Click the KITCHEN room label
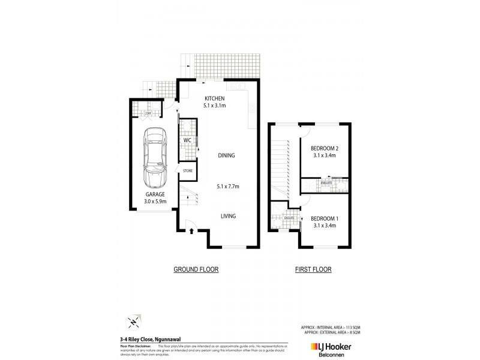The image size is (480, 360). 214,98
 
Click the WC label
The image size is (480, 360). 187,140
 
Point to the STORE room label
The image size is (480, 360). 187,172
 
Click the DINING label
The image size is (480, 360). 227,155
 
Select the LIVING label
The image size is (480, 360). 227,216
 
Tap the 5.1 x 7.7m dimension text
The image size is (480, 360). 228,187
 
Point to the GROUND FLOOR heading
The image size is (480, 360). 196,270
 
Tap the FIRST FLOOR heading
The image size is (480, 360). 313,270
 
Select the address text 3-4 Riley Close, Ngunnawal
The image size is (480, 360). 146,339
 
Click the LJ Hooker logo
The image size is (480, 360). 331,346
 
